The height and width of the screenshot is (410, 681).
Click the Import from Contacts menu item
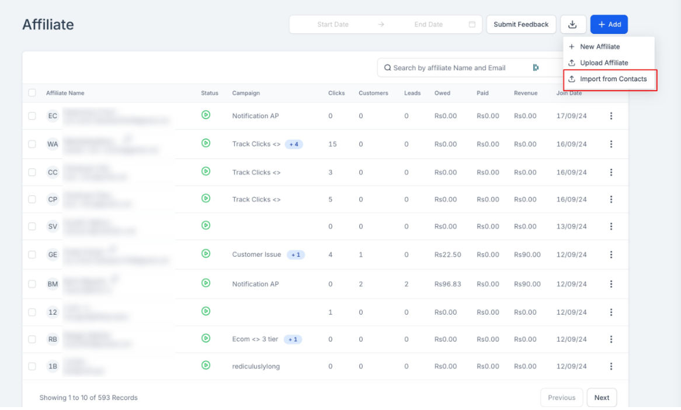coord(613,79)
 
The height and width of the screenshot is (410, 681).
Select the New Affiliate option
coord(600,47)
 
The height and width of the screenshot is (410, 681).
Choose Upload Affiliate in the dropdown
coord(604,63)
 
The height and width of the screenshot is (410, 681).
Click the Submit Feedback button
coord(521,25)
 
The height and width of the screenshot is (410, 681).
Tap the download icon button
coord(573,25)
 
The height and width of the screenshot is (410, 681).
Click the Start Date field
coord(333,25)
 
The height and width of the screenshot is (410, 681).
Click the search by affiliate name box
coord(449,68)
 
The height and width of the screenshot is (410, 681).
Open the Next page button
coord(602,398)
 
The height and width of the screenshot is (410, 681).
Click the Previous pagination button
coord(561,398)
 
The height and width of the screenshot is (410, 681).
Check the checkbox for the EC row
coord(32,116)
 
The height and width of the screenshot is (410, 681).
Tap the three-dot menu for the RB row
coord(611,339)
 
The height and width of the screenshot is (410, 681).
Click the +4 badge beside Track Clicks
coord(294,144)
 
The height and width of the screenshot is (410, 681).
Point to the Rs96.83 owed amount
coord(447,284)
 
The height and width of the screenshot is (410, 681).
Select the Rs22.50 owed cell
coord(447,254)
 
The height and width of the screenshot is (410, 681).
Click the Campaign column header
coord(246,93)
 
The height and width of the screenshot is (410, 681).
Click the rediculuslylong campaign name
coord(256,367)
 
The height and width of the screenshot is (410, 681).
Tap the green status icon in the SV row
coord(206,225)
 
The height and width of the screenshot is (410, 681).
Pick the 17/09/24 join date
coord(571,116)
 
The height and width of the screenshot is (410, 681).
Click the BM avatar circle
coord(53,284)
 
